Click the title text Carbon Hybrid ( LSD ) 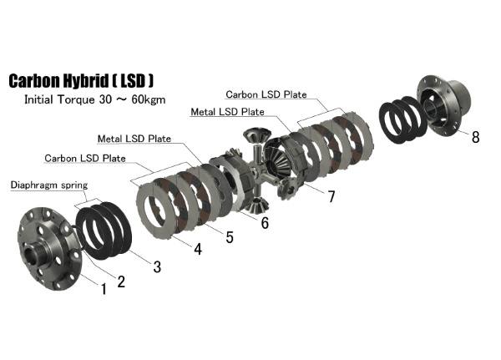[x=80, y=81]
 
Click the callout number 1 [x=103, y=289]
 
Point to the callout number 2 [x=121, y=281]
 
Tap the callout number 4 [x=197, y=248]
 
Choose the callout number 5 [x=230, y=237]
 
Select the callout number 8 [x=475, y=137]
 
